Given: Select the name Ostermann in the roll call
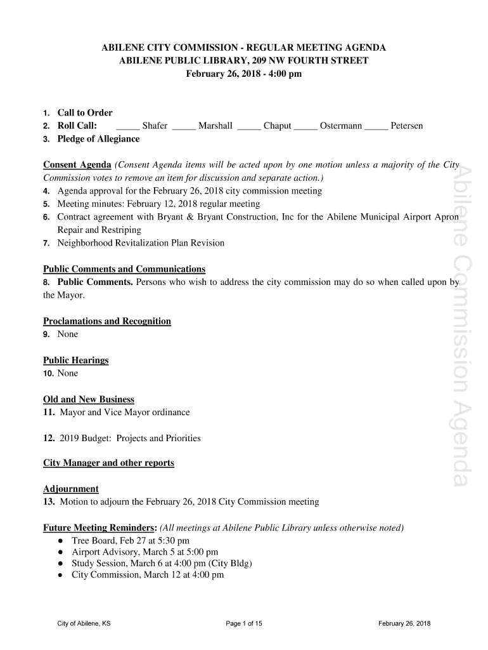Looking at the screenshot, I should (341, 126).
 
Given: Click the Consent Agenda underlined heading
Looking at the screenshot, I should (77, 165).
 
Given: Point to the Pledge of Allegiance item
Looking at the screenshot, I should (98, 139).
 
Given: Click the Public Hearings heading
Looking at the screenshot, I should (76, 361).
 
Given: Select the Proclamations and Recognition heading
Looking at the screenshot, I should (107, 321).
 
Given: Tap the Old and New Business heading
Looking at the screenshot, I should (89, 399).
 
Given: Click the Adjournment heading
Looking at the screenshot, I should (71, 489).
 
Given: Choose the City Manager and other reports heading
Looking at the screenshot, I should (108, 463).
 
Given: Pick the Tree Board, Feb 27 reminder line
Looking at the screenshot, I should (131, 541).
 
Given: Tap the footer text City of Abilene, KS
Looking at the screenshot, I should (84, 623).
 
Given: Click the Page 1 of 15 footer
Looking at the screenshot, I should (244, 623).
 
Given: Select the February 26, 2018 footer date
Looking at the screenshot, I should (404, 623).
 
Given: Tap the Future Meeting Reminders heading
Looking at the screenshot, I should (100, 528).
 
